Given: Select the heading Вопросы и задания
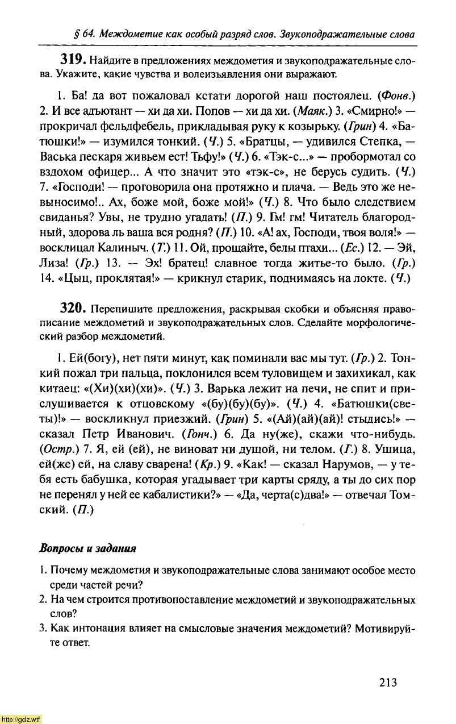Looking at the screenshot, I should pyautogui.click(x=88, y=549).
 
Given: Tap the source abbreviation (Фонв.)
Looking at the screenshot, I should pyautogui.click(x=397, y=94).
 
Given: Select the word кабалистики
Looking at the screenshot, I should pyautogui.click(x=171, y=496).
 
